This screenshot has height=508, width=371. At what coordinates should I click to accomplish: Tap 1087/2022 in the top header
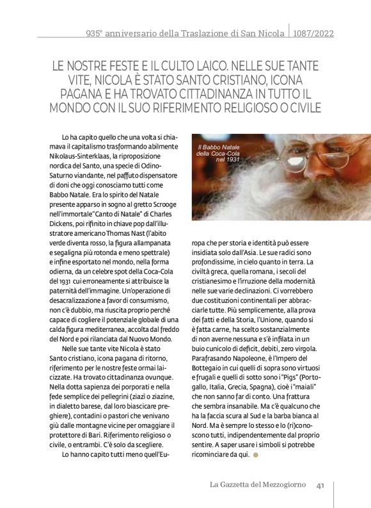point(314,33)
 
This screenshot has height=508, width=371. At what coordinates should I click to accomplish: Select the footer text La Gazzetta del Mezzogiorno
point(258,484)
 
